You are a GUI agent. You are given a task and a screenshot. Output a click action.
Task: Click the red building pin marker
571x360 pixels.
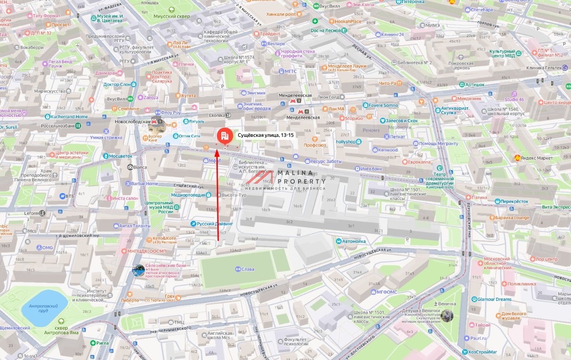click(x=225, y=135)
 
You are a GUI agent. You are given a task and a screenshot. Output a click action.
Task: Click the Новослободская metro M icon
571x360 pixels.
click(x=154, y=120)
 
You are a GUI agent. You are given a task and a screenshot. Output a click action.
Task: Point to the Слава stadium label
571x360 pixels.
click(x=248, y=269)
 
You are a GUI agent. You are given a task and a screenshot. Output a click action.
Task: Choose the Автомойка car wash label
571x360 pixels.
click(x=354, y=241)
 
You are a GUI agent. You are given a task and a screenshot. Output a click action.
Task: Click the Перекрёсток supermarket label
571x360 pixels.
click(x=514, y=201)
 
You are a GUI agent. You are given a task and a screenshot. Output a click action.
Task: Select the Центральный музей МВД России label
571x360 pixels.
click(x=158, y=207)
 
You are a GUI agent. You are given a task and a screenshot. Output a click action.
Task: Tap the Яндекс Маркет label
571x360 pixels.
click(x=537, y=158)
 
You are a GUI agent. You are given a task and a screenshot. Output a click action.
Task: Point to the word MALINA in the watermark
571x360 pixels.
click(x=295, y=173)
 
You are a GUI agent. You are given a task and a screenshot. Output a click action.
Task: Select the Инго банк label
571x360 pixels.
click(x=371, y=169)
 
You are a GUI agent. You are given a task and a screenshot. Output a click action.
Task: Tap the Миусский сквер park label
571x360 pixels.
click(x=171, y=16)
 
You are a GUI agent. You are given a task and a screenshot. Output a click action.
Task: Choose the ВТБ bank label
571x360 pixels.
click(x=70, y=196)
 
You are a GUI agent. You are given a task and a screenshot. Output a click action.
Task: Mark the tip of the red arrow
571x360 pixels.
click(x=218, y=151)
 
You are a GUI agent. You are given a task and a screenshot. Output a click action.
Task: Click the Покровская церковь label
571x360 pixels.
click(x=461, y=66)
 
